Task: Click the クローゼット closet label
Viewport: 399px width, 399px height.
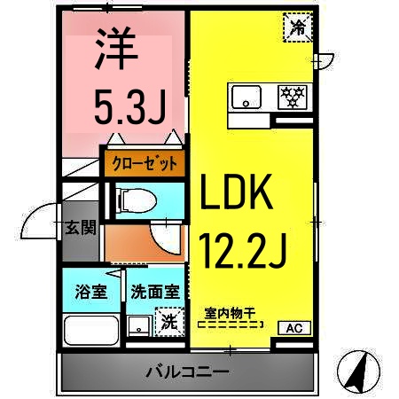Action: click(x=145, y=163)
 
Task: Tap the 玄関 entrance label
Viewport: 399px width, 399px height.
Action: click(x=80, y=228)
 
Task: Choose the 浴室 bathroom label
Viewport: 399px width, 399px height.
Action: click(x=91, y=292)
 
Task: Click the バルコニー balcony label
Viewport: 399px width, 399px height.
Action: click(x=187, y=371)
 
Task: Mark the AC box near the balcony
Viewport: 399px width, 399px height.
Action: click(x=293, y=328)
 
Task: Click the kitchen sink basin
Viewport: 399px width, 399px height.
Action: click(x=247, y=95)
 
